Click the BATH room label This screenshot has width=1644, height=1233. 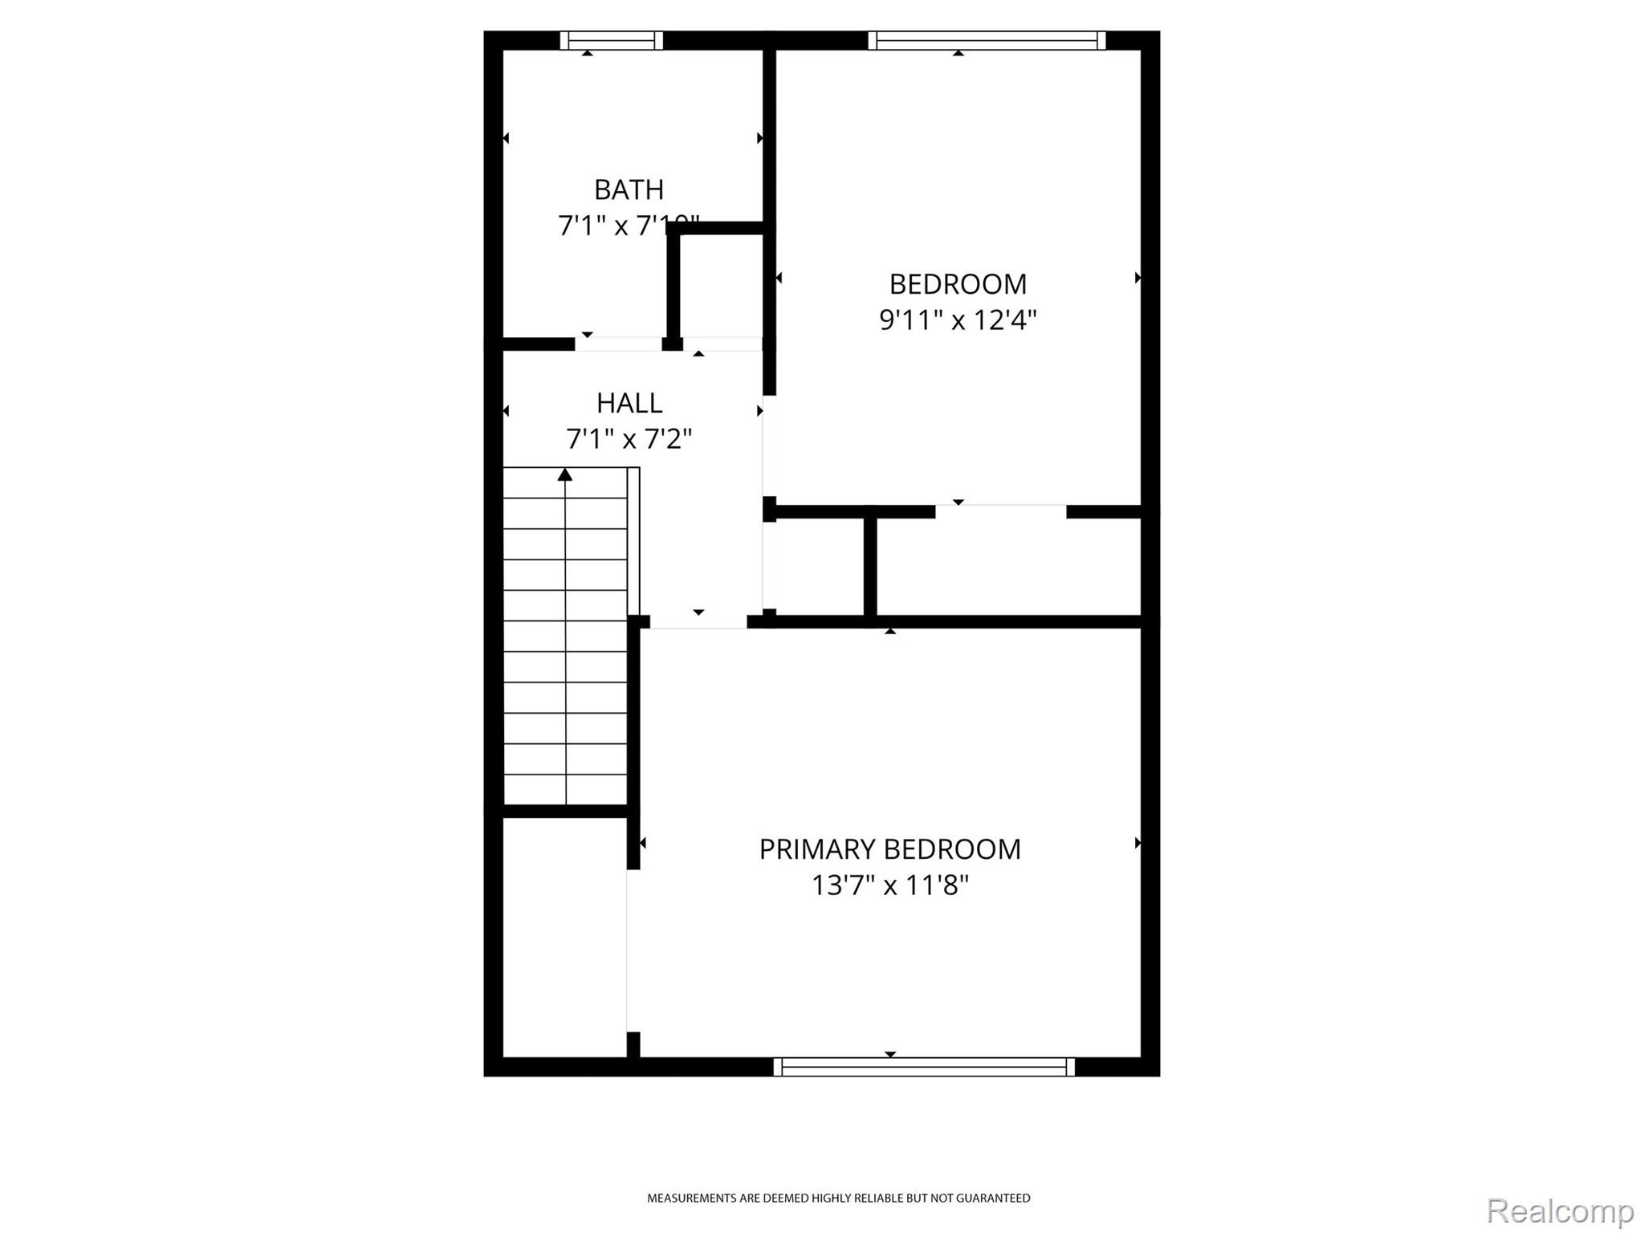(629, 190)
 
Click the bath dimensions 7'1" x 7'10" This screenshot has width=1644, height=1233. (629, 226)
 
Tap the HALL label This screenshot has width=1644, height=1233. (629, 403)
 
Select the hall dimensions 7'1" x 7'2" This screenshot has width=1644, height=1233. (629, 439)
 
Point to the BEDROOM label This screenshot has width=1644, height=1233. (958, 284)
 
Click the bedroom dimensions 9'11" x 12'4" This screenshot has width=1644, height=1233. (958, 320)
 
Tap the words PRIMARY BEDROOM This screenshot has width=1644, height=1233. (889, 849)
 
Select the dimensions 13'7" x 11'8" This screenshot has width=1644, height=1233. (889, 885)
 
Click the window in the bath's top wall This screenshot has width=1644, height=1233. (611, 40)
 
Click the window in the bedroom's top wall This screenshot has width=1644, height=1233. (987, 40)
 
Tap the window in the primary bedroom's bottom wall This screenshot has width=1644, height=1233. (924, 1067)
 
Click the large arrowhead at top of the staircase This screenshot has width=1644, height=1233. (565, 474)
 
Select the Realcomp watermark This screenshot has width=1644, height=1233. (1560, 1211)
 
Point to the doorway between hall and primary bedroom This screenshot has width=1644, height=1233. (698, 622)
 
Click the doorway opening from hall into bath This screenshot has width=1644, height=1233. (618, 344)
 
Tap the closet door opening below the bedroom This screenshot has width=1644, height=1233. (1000, 511)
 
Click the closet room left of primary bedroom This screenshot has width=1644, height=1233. (564, 937)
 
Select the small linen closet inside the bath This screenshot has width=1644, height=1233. (721, 286)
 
